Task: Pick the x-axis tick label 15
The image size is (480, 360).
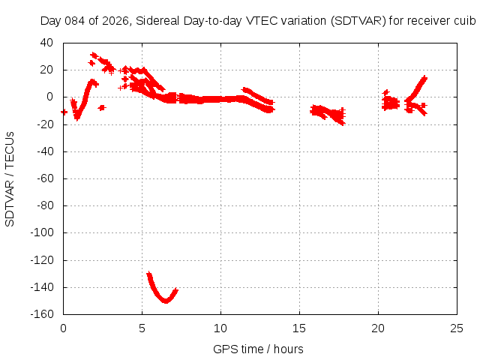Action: click(x=300, y=328)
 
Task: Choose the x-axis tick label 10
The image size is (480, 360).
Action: click(x=221, y=328)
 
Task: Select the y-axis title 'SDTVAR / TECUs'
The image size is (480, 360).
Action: click(x=10, y=178)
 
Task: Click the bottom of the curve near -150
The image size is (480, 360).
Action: click(x=166, y=301)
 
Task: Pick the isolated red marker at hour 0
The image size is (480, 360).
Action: click(x=64, y=112)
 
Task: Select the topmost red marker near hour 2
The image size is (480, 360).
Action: click(x=94, y=55)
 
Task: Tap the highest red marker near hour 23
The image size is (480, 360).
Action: click(x=424, y=77)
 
